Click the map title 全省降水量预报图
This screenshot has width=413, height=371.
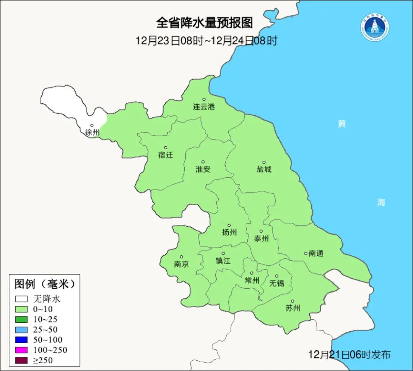[204, 23]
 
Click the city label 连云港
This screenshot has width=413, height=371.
[204, 107]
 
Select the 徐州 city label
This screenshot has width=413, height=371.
[92, 132]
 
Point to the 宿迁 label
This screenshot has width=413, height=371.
[166, 155]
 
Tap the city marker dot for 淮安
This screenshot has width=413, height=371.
[203, 162]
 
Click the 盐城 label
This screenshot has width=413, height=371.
[264, 169]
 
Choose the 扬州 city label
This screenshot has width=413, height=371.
[229, 232]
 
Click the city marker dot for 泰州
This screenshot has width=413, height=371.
[261, 231]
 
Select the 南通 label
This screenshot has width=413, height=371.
[316, 253]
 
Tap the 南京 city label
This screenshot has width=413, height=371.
[181, 264]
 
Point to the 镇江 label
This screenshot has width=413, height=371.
[223, 261]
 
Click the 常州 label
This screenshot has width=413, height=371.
[252, 281]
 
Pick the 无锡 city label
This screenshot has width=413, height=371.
[277, 283]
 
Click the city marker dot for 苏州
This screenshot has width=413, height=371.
[293, 301]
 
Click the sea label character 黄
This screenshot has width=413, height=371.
[342, 124]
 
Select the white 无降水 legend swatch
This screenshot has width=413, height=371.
[21, 299]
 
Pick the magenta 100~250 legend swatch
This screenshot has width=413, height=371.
[21, 350]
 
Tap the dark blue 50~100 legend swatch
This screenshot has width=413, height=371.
[21, 340]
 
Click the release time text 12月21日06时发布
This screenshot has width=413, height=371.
[350, 355]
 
